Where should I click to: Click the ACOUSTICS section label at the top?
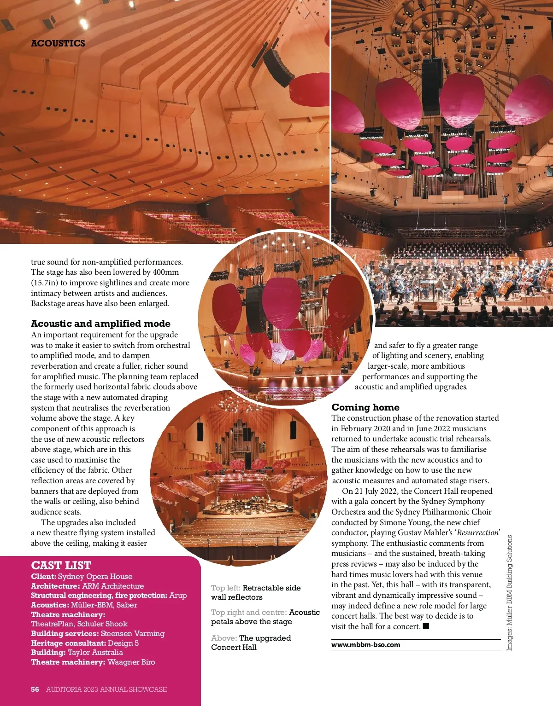pyautogui.click(x=58, y=43)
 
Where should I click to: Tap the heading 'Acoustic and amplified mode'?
pyautogui.click(x=100, y=324)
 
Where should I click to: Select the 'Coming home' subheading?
pyautogui.click(x=365, y=407)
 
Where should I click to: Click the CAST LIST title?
pyautogui.click(x=61, y=565)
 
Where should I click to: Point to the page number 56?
pyautogui.click(x=35, y=689)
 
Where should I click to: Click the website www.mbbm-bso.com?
pyautogui.click(x=366, y=645)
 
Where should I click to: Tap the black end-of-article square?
pyautogui.click(x=426, y=626)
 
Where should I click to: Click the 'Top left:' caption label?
pyautogui.click(x=225, y=588)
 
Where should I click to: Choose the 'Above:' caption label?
pyautogui.click(x=224, y=638)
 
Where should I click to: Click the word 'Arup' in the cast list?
pyautogui.click(x=178, y=595)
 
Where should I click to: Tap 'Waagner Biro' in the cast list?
pyautogui.click(x=131, y=662)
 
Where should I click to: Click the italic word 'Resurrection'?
pyautogui.click(x=477, y=532)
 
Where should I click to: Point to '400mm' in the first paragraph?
pyautogui.click(x=165, y=272)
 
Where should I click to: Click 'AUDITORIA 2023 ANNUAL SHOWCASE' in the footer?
pyautogui.click(x=106, y=689)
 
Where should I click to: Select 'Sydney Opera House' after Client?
pyautogui.click(x=95, y=576)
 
